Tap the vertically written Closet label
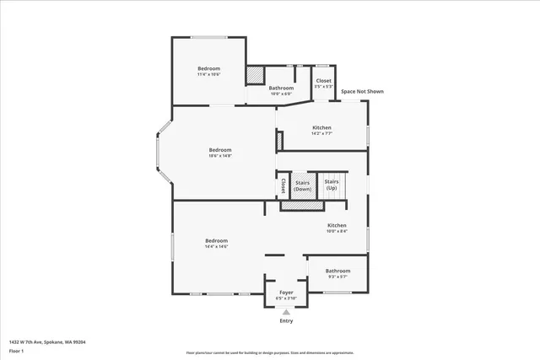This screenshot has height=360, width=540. [283, 185]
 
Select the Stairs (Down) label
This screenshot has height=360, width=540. [302, 185]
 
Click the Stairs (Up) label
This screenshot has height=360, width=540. [332, 184]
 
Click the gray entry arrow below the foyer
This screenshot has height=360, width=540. [286, 312]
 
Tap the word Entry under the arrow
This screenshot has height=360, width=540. [286, 321]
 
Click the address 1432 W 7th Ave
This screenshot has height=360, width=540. [47, 341]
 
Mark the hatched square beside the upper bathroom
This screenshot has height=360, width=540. [254, 75]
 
